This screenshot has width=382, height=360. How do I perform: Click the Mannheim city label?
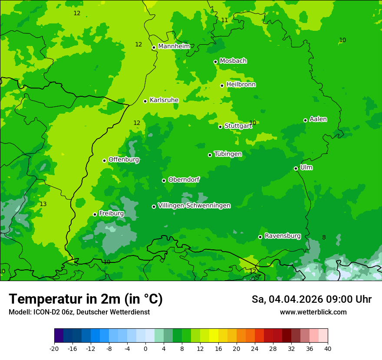[174, 46]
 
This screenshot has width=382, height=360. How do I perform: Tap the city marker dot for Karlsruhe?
[145, 101]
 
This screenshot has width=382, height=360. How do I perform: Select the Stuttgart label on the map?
[238, 126]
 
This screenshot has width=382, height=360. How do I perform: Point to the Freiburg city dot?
[95, 214]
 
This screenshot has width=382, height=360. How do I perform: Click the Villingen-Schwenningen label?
[194, 206]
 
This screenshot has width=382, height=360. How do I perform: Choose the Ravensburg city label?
[283, 236]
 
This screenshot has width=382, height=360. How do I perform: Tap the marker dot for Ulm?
[296, 168]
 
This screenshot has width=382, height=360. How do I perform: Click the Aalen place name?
[318, 119]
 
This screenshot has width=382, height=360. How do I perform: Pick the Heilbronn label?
[241, 85]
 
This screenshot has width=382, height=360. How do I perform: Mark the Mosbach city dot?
[216, 62]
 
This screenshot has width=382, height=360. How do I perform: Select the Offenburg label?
[124, 160]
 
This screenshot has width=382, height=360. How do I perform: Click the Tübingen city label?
[228, 154]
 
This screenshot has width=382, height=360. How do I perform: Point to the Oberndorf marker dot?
[164, 180]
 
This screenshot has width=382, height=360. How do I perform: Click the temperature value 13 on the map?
[43, 204]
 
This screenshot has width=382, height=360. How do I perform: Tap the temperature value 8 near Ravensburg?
[324, 237]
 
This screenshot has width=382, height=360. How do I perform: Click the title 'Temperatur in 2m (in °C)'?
[86, 299]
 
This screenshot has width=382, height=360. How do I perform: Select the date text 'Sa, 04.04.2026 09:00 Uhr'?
[311, 299]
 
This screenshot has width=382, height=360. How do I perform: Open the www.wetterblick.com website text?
[313, 312]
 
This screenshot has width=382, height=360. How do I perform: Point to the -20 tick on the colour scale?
[54, 348]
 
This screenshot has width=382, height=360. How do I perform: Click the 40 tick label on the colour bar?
[328, 348]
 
